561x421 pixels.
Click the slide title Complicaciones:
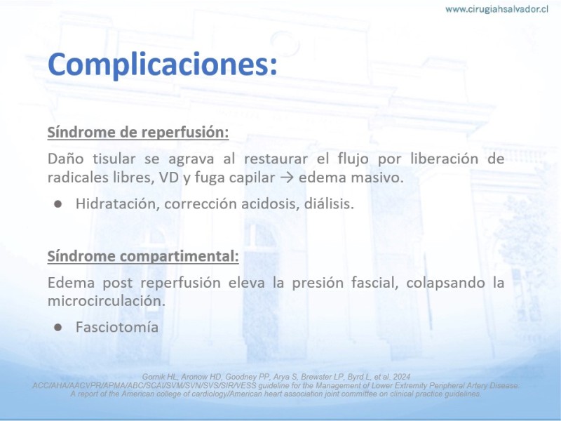[163, 65]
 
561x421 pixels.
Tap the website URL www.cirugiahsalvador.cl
[496, 9]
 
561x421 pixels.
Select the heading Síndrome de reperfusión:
[138, 132]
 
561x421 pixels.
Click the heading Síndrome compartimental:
[143, 256]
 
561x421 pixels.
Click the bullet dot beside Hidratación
[58, 204]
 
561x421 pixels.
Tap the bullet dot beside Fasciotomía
[58, 327]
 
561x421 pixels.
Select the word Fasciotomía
[117, 327]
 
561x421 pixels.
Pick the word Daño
[65, 159]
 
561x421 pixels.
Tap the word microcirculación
[107, 301]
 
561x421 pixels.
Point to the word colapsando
[445, 283]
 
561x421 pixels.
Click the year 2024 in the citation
[402, 377]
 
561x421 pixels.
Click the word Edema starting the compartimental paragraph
[71, 283]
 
